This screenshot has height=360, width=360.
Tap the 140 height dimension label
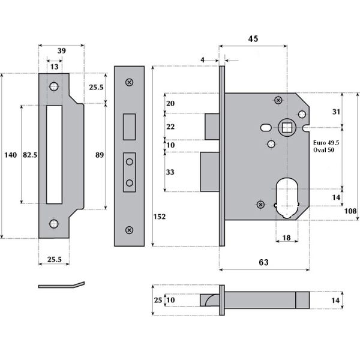coord(10,155)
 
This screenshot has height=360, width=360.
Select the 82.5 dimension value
coord(30,155)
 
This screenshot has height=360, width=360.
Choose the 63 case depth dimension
coord(263,262)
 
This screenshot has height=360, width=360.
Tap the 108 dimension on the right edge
coord(350,211)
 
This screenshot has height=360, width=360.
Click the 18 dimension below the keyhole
coord(287,238)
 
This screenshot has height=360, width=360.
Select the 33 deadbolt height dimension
coord(170,172)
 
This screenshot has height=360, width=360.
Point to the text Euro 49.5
coord(326,143)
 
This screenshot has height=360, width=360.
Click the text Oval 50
coord(324,151)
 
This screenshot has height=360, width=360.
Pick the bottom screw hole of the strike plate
coord(55,223)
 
